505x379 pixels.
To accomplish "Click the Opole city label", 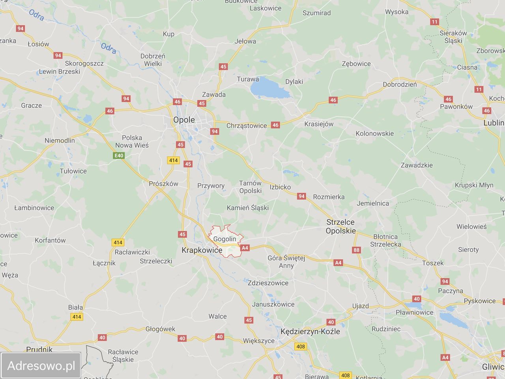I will coord(184,120).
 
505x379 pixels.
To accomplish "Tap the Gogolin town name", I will coord(224,239).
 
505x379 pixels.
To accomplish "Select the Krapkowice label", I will coord(202,250).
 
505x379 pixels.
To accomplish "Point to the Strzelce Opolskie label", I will coord(340,227).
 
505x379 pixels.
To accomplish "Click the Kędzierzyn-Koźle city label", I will coord(310,332).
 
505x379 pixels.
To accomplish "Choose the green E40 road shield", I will coord(119,156).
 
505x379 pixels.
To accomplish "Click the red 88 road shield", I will coord(357,250).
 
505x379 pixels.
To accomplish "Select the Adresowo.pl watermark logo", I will coord(41,366).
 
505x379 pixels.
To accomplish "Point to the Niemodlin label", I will coord(60,141).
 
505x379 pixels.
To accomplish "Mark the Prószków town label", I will coord(163,184).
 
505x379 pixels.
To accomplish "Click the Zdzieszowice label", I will coord(268,283).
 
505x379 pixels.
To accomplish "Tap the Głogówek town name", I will coord(160,329).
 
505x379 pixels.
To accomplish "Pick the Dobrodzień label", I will coord(400,84).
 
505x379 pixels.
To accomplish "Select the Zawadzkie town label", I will coord(417,165).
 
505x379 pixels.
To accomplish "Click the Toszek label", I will coord(433,263).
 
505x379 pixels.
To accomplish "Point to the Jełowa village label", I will coord(245,41).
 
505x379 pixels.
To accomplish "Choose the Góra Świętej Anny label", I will coord(286,262).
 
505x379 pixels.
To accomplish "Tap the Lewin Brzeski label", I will coord(60,72).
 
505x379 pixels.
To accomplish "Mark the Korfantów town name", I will coord(50,240).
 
